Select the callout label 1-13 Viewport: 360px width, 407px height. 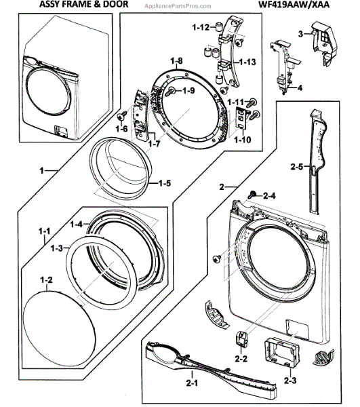247,62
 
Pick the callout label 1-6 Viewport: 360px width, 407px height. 122,128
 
